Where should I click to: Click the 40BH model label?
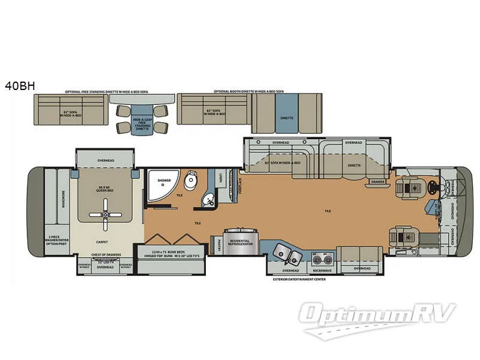click(20, 86)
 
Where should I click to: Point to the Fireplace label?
click(240, 183)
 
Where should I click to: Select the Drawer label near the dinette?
click(377, 181)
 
